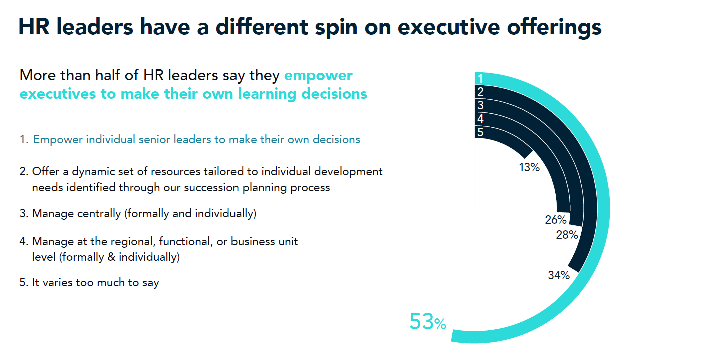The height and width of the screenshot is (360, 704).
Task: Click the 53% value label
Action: tap(427, 322)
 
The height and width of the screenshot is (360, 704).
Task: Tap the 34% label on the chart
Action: tap(558, 275)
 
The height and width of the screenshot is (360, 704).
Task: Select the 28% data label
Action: tap(567, 235)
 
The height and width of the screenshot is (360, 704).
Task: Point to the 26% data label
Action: tap(556, 220)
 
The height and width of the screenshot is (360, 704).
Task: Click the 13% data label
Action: tap(529, 168)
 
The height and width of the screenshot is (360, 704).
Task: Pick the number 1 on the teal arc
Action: tap(480, 79)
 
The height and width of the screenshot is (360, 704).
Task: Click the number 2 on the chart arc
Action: tap(480, 92)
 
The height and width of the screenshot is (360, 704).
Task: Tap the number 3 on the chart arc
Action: tap(480, 105)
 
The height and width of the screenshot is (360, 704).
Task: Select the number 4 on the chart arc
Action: tap(480, 119)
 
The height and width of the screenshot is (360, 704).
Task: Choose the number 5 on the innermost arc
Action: tap(480, 132)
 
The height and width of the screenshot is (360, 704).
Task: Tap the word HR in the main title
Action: tap(35, 27)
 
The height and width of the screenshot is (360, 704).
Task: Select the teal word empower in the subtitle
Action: tap(318, 76)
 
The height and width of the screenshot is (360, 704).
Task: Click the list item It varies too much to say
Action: tap(89, 282)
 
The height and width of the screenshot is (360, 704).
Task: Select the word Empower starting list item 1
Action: tap(58, 139)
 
